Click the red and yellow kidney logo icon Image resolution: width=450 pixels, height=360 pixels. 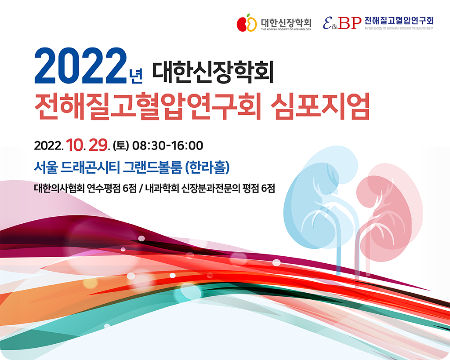247,23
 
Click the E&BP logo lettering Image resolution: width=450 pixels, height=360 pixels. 342,23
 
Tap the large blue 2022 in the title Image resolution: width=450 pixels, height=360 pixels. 80,66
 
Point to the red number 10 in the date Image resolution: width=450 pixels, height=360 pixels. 75,145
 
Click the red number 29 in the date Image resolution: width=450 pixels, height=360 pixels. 98,145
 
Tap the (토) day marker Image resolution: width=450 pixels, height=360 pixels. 121,145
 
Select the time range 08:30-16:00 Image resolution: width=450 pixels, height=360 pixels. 167,145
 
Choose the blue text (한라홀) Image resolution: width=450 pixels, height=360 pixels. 207,167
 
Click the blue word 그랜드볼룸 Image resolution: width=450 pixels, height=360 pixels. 152,167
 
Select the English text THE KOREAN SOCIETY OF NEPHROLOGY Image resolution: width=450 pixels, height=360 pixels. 286,29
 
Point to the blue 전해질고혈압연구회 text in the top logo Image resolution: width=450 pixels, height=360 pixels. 399,21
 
